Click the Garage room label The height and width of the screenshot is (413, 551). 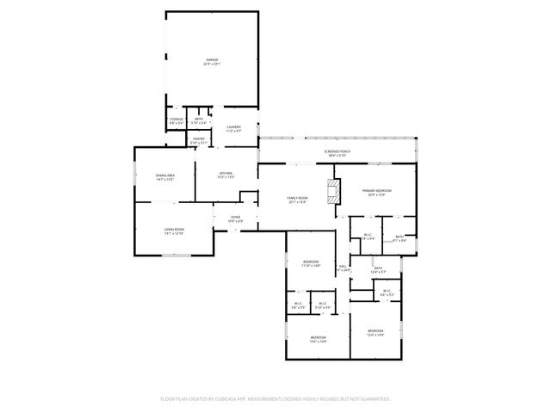(211, 59)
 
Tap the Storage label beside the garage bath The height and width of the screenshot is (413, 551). (176, 119)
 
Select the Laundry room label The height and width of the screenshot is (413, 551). (233, 127)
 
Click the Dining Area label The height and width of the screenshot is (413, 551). (165, 176)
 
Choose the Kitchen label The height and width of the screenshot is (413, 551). (226, 173)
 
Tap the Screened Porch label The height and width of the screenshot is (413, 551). (337, 151)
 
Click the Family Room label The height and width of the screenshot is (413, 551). (297, 198)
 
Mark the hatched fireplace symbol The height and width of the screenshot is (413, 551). (333, 190)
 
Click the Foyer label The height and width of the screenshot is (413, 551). (235, 217)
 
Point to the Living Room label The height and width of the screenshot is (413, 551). (174, 228)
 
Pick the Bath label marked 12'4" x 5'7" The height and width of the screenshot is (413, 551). (379, 268)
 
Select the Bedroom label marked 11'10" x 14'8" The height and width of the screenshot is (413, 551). (311, 262)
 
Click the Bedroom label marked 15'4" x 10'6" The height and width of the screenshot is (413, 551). (318, 337)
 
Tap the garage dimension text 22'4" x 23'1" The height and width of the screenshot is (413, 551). (211, 65)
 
